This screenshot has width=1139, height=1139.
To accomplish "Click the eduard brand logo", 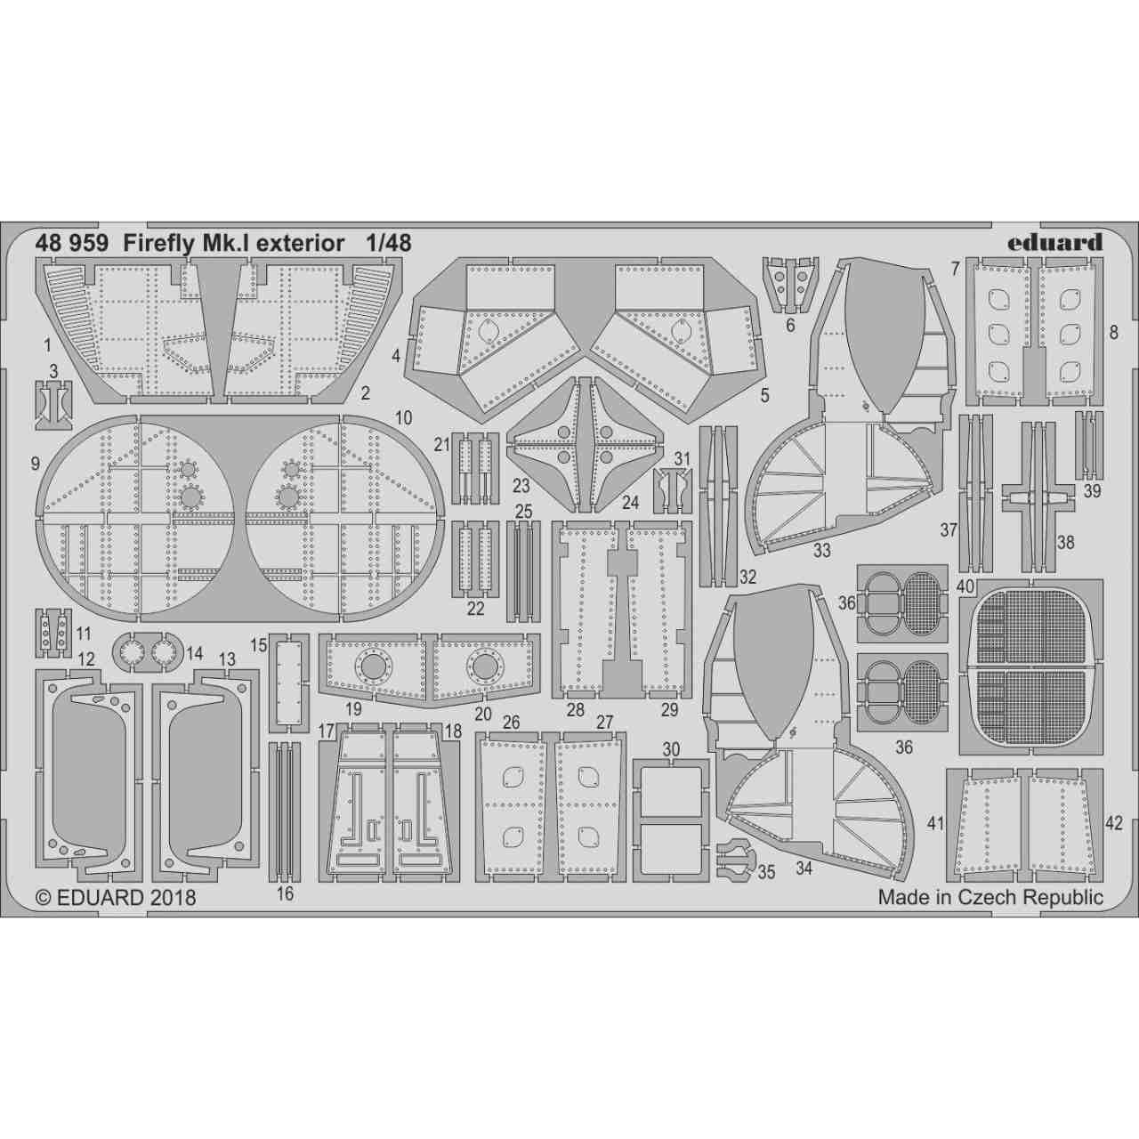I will [x=1057, y=242].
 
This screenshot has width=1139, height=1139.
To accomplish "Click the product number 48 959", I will [x=72, y=242].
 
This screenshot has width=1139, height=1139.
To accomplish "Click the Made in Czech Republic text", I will [x=990, y=897].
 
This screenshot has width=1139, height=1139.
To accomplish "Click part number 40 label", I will [x=965, y=587].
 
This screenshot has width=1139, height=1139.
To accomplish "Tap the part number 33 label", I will [x=821, y=550].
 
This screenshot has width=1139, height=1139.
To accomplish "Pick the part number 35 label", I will [x=767, y=873].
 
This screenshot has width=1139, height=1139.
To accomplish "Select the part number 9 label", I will [x=35, y=463].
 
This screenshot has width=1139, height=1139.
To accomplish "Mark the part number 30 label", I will [x=671, y=749].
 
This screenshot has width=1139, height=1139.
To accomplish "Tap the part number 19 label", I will [x=353, y=710].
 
